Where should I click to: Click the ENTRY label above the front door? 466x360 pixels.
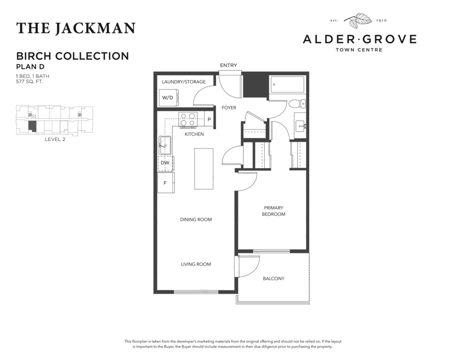pyautogui.click(x=228, y=65)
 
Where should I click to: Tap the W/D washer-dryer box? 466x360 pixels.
pyautogui.click(x=169, y=97)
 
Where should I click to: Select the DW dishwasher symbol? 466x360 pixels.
pyautogui.click(x=166, y=163)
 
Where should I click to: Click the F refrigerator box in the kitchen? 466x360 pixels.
pyautogui.click(x=166, y=183)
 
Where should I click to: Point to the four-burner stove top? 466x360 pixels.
pyautogui.click(x=188, y=120)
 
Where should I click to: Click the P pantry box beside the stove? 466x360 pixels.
pyautogui.click(x=209, y=119)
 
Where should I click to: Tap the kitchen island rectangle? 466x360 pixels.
pyautogui.click(x=204, y=169)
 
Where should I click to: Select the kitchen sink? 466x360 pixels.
pyautogui.click(x=165, y=145)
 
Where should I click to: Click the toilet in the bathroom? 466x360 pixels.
pyautogui.click(x=297, y=104)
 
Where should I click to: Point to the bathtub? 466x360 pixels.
pyautogui.click(x=287, y=85)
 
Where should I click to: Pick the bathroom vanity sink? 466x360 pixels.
pyautogui.click(x=301, y=126)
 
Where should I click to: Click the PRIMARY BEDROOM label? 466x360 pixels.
pyautogui.click(x=273, y=211)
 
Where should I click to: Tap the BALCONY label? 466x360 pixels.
pyautogui.click(x=274, y=278)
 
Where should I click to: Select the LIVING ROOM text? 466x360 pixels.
pyautogui.click(x=196, y=264)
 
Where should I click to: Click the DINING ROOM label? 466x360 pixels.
pyautogui.click(x=196, y=219)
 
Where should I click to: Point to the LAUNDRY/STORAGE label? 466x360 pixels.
pyautogui.click(x=184, y=82)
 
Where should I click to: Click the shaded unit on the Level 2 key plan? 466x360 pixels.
pyautogui.click(x=32, y=126)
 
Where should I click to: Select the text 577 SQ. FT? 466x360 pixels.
pyautogui.click(x=30, y=82)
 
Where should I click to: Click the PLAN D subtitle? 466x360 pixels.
pyautogui.click(x=30, y=67)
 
